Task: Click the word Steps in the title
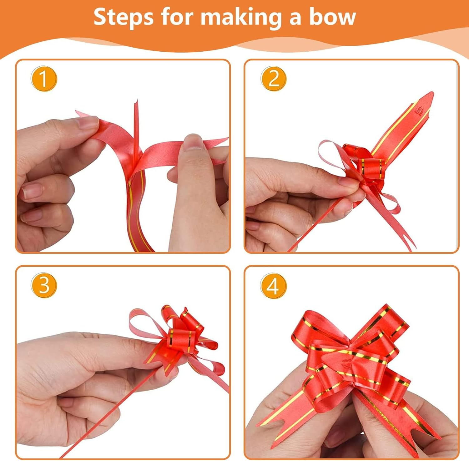(123, 17)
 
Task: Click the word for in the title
(177, 17)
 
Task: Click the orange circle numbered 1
(44, 79)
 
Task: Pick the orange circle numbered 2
(274, 79)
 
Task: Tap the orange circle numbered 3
(44, 285)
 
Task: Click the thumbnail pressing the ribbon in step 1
(193, 142)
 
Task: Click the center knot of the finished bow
(347, 363)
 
